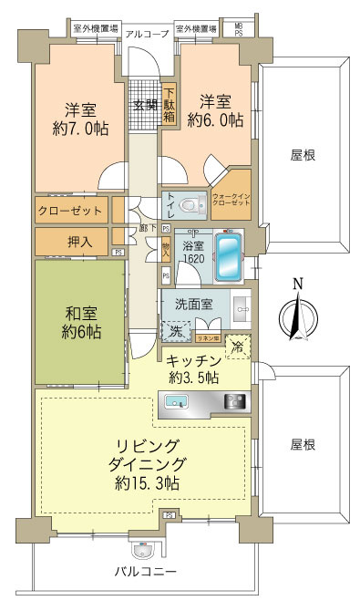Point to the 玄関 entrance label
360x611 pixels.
click(x=145, y=103)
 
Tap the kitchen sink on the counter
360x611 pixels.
click(x=176, y=401)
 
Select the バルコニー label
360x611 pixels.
click(x=145, y=572)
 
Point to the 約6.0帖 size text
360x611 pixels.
click(x=216, y=119)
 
